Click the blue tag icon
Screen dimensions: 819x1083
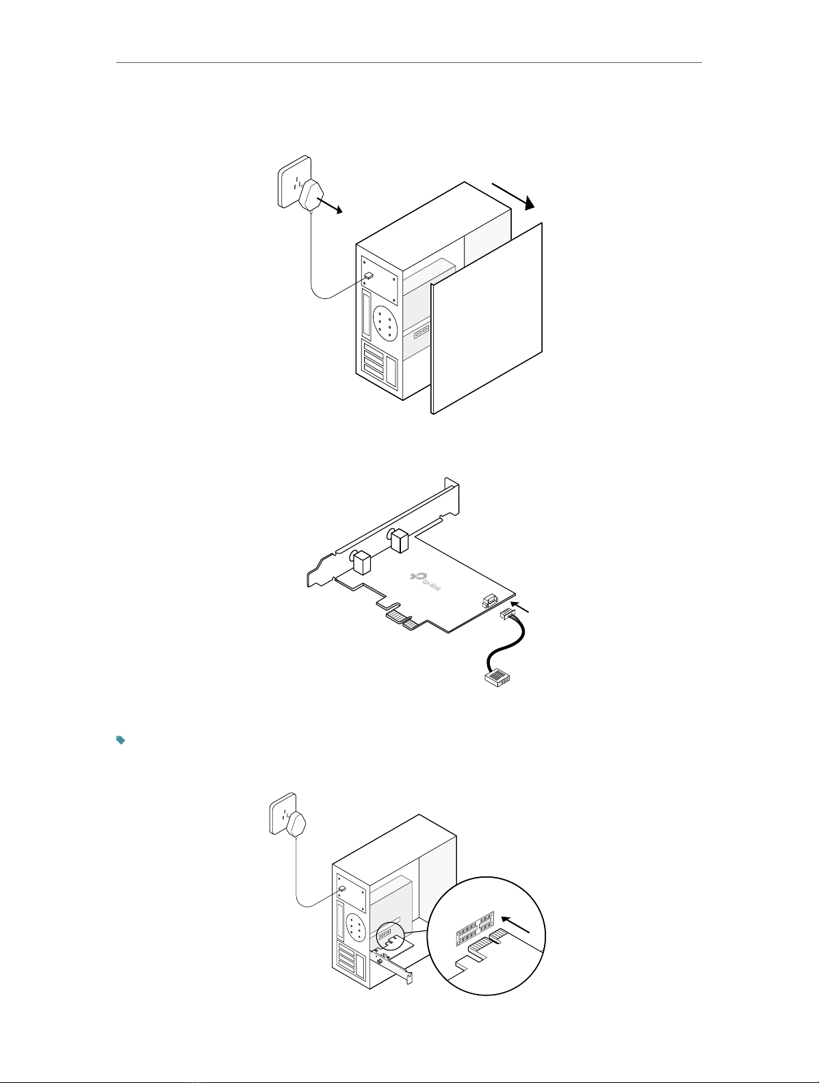click(x=120, y=740)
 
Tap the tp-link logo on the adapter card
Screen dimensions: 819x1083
click(x=426, y=582)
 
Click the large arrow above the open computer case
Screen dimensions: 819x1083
click(x=514, y=196)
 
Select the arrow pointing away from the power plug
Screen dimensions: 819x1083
click(x=330, y=206)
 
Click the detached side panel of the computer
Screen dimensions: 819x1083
click(x=487, y=318)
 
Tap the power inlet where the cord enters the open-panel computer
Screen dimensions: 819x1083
click(x=369, y=276)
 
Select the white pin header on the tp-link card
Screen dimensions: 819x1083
click(x=489, y=601)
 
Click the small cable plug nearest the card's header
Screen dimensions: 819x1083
click(x=507, y=615)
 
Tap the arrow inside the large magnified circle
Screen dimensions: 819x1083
click(x=516, y=924)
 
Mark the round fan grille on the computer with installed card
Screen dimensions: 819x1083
click(x=356, y=924)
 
